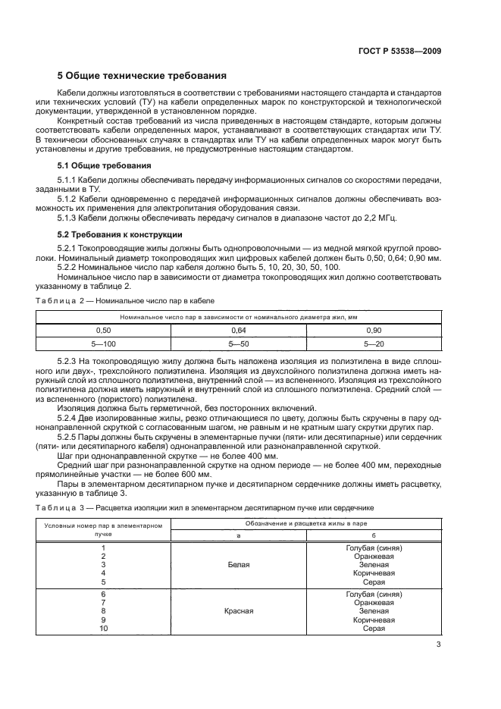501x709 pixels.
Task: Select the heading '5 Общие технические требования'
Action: [x=142, y=76]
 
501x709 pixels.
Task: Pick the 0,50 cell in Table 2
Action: [x=103, y=331]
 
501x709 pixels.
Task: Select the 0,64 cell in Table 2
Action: [x=240, y=331]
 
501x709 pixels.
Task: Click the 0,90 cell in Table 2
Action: [x=374, y=331]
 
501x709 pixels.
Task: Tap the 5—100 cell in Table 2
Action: [x=103, y=344]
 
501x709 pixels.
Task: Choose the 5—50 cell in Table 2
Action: [x=240, y=344]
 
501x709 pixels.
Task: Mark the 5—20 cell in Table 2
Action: [x=374, y=344]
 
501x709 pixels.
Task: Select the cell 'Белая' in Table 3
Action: [x=239, y=565]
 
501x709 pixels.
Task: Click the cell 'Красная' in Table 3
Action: [x=239, y=610]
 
